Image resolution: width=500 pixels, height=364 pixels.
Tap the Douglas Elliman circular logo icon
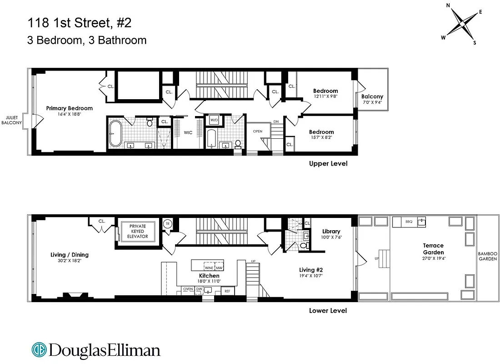[x=39, y=349]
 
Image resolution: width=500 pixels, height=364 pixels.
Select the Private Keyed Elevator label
[x=137, y=231]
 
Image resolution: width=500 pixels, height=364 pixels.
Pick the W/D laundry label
[x=214, y=121]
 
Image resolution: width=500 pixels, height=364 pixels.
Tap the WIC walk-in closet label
[x=188, y=133]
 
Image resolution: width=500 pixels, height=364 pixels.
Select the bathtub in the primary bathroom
[x=116, y=133]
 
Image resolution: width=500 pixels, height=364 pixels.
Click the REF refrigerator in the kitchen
[x=228, y=291]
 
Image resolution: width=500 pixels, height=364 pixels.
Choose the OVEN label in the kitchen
[x=188, y=289]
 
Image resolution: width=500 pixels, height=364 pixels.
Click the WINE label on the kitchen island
[x=209, y=268]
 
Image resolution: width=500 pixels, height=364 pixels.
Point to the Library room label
[x=331, y=231]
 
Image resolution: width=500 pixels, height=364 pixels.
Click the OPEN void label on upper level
[x=258, y=131]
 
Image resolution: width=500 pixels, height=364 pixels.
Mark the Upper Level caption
[x=328, y=163]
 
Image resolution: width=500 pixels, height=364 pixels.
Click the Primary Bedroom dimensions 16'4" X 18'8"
[x=70, y=115]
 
